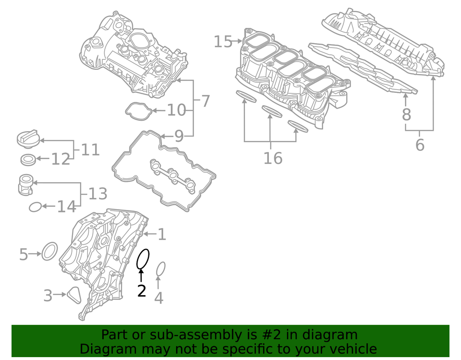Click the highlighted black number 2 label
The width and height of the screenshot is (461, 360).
pos(141,291)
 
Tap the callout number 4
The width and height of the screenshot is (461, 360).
pos(158,298)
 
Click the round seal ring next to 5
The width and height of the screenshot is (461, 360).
pos(49,251)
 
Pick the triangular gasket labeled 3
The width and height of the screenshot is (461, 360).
pos(74,295)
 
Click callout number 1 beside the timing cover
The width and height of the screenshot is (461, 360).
pos(162,235)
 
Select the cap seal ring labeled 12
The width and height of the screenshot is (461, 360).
pos(28,159)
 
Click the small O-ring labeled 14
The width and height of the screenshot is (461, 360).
pos(35,207)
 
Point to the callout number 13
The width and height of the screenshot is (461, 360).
pos(97,194)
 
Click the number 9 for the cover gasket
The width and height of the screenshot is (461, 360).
pos(179,137)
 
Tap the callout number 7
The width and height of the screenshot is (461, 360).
pos(205,101)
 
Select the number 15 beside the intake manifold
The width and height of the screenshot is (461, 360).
pos(223,42)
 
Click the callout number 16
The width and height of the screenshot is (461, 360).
pos(273,158)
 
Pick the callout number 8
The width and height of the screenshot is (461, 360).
pos(406,114)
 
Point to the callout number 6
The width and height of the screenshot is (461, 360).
pos(420,145)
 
